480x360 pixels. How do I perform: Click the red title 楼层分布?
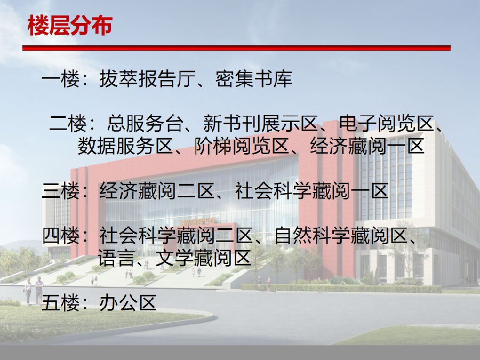pos(70,26)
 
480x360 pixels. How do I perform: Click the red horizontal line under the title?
pos(236,48)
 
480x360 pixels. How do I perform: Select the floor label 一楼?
pos(61,79)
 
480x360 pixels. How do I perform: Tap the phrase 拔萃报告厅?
pos(148,79)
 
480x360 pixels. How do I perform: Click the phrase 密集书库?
pos(254,79)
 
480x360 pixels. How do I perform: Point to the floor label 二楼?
pos(68,123)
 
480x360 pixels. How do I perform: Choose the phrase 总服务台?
pos(145,123)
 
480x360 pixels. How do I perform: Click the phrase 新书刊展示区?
pos(260,123)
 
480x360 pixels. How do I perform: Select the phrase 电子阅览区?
pos(387,123)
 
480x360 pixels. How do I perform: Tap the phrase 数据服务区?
pos(125,146)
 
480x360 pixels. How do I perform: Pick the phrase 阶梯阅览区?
pos(242,146)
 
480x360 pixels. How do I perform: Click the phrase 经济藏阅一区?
pos(367,146)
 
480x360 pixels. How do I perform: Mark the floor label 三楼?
pos(61,191)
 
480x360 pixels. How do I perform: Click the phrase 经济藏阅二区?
pos(157,191)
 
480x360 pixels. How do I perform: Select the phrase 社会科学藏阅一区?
pos(311,191)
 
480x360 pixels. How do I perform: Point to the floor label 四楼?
pos(61,235)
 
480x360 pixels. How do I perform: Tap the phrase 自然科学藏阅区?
pos(341,235)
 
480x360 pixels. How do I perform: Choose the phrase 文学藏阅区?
pos(203,258)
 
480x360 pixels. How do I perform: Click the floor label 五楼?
pos(61,303)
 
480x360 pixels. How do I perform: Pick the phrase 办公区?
pos(128,303)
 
